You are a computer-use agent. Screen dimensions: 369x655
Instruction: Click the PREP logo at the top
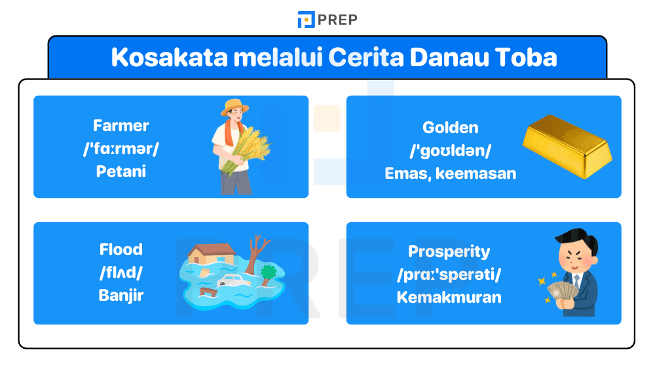coord(327,20)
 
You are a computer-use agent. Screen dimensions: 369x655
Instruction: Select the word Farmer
coord(121,125)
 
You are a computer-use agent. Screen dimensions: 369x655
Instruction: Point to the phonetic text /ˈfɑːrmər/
coord(121,148)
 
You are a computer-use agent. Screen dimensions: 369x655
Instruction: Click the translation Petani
coord(121,171)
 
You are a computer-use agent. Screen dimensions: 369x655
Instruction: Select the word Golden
coord(450,127)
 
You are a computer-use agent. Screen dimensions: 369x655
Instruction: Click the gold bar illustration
coord(567,146)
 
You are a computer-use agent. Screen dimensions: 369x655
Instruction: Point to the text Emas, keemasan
coord(450,174)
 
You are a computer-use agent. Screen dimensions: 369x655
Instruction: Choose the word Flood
coord(121,250)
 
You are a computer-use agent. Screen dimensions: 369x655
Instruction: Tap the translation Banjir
coord(121,295)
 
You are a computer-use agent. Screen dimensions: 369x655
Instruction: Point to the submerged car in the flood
coord(233,280)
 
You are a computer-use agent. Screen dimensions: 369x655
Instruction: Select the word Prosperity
coord(449,252)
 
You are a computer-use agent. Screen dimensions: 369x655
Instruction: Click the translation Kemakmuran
coord(449,297)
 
